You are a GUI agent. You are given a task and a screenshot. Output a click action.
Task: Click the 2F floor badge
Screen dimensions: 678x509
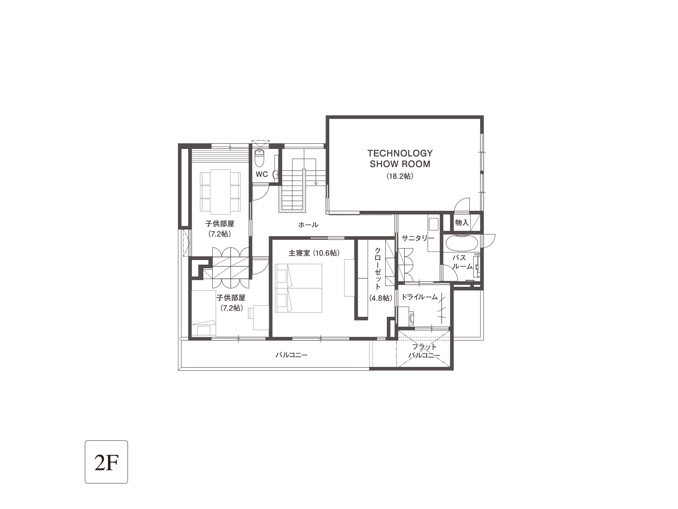tap(106, 462)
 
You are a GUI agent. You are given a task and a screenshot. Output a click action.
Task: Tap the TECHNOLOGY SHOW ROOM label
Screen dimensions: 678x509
tap(400, 159)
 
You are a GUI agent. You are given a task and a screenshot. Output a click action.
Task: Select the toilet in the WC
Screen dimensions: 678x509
tap(258, 158)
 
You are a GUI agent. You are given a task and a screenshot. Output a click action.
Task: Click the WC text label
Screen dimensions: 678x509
tap(261, 174)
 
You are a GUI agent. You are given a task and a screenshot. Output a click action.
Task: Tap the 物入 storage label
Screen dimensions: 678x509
tap(462, 222)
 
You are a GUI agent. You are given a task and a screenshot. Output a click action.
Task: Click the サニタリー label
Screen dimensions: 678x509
tap(418, 238)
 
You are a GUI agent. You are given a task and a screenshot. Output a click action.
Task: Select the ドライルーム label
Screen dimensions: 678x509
tap(420, 297)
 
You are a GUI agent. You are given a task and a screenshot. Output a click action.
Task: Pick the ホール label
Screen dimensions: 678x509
tap(308, 225)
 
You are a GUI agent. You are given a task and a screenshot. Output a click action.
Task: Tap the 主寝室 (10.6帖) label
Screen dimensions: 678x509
tap(314, 253)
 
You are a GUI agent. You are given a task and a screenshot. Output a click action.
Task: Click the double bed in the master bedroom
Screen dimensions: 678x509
tap(298, 288)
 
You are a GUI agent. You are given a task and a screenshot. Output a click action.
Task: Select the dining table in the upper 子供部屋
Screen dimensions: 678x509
tap(220, 192)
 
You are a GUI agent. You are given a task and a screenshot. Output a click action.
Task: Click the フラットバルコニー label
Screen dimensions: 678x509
tap(425, 351)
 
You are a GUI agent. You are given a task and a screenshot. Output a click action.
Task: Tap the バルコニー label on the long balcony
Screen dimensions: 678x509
tap(291, 355)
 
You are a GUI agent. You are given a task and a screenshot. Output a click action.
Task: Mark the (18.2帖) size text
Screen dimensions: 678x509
tap(400, 176)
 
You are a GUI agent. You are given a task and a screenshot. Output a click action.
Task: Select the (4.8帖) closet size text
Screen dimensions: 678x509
tap(381, 298)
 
